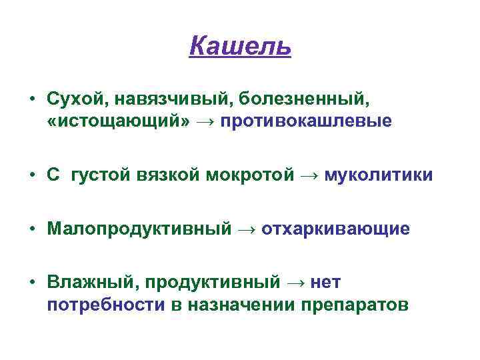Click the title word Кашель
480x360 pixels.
click(240, 47)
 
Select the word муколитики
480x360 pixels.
click(379, 175)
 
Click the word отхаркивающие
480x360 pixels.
click(335, 229)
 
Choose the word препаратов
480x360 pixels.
click(354, 305)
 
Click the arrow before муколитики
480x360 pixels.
click(309, 176)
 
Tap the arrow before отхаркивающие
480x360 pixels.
click(246, 229)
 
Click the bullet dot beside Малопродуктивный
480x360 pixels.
click(31, 229)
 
